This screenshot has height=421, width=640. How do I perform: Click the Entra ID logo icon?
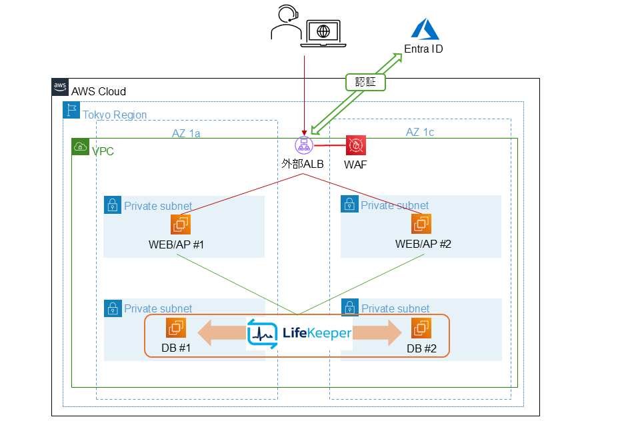(x=423, y=29)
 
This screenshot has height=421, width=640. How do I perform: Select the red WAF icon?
(x=356, y=145)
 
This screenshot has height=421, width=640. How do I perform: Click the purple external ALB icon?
(x=304, y=145)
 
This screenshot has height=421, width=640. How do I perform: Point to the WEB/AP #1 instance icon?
(x=181, y=224)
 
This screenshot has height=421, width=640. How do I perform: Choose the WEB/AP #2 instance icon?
(x=421, y=224)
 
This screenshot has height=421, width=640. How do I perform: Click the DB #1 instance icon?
(x=176, y=328)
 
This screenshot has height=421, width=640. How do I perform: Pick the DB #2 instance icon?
(x=421, y=328)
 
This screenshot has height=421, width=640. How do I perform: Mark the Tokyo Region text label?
(x=114, y=115)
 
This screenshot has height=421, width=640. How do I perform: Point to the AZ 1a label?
(x=186, y=133)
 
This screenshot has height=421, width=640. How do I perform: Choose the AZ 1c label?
(x=420, y=132)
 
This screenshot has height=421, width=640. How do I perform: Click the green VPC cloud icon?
(x=80, y=147)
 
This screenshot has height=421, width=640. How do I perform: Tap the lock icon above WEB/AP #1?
(x=113, y=204)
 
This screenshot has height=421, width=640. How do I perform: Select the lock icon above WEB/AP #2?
(x=349, y=204)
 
